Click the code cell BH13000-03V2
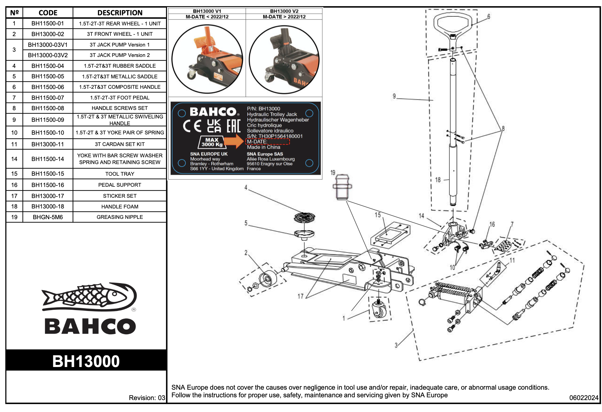point(48,55)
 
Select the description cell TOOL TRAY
point(120,174)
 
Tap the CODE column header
point(48,13)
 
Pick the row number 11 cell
point(14,144)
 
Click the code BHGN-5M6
point(48,217)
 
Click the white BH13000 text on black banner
point(86,361)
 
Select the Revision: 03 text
point(147,398)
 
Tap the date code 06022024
point(583,398)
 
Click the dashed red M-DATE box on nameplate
point(267,141)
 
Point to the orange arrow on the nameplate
point(234,141)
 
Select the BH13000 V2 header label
point(284,11)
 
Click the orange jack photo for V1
point(207,59)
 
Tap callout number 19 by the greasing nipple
point(333,173)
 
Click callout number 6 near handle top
point(489,17)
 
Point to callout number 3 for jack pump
point(396,345)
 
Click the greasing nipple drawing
point(342,187)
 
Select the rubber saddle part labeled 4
point(304,217)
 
